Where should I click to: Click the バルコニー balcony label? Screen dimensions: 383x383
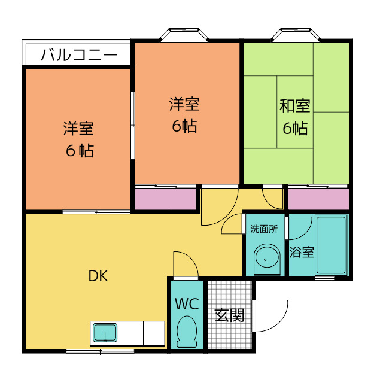[78, 56]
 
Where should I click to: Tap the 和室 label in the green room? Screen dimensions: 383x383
[294, 107]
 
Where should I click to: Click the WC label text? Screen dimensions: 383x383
[187, 303]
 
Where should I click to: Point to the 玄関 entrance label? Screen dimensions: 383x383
[229, 315]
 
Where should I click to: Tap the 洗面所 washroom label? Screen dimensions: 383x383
[263, 229]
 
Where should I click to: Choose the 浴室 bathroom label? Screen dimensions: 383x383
[301, 252]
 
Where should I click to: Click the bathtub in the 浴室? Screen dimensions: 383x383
[331, 246]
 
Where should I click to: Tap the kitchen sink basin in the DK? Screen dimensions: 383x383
[105, 333]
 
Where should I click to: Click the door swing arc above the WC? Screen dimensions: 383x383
[184, 265]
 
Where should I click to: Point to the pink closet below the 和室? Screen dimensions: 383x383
[318, 199]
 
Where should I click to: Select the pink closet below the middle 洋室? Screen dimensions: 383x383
[165, 199]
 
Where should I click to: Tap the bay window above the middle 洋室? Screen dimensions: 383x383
[186, 34]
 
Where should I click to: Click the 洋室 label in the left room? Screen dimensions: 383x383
[78, 128]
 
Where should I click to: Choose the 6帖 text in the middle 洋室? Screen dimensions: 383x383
[184, 126]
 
